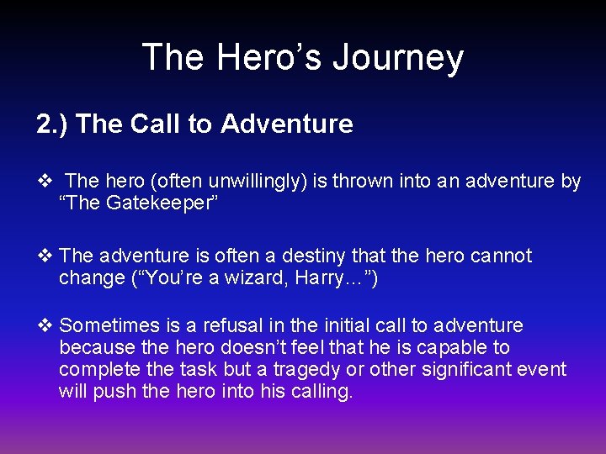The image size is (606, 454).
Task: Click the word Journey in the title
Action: pyautogui.click(x=397, y=57)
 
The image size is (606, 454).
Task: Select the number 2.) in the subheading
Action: pyautogui.click(x=52, y=124)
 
